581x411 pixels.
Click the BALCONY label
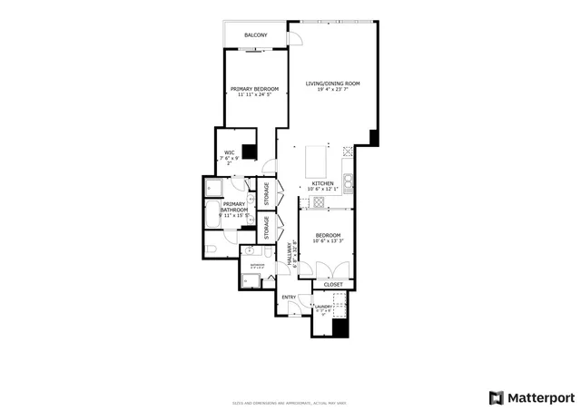(x=255, y=35)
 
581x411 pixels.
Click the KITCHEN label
(x=322, y=183)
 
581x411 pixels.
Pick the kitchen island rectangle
(x=315, y=161)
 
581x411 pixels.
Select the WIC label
(x=230, y=153)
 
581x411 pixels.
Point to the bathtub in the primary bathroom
(x=212, y=217)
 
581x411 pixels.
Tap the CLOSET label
(x=333, y=284)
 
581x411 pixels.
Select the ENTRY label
(x=289, y=298)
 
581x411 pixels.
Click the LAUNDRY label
(x=323, y=307)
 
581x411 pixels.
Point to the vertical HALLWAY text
(x=290, y=253)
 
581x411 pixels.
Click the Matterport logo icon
(x=495, y=397)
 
